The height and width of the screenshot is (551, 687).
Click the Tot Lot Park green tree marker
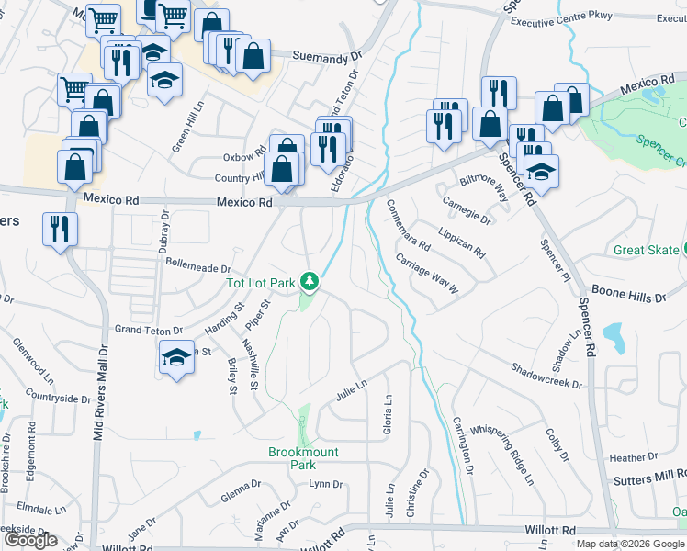pos(310,281)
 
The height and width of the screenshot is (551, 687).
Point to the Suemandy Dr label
pos(327,57)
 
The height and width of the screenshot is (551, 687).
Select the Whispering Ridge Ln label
pos(501,454)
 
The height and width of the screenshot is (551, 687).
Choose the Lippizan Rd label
pos(461,242)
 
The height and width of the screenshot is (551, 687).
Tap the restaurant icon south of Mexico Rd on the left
pos(60,230)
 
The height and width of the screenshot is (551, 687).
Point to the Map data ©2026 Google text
pos(630,544)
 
